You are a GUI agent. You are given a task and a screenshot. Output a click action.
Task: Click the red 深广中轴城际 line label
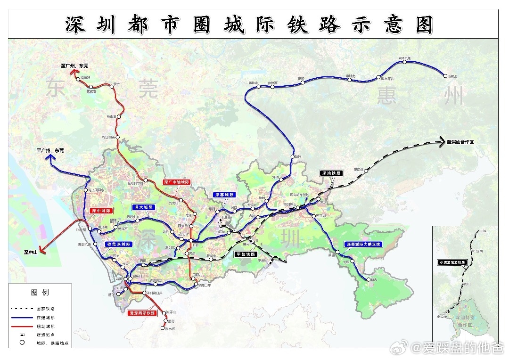pos(176,181)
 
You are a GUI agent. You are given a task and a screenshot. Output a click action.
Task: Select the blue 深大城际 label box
pos(143,207)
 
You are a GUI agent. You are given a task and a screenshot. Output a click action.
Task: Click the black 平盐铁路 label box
pos(246,254)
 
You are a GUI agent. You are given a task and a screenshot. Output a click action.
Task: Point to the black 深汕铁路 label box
pos(332,173)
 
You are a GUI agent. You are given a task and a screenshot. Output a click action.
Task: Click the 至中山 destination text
pos(31,252)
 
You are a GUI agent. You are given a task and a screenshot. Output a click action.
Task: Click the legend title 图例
pos(40,293)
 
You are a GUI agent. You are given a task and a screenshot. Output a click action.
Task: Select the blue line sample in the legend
pos(22,317)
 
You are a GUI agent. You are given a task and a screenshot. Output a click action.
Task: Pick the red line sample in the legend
pos(22,326)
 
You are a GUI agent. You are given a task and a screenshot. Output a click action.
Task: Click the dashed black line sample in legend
pos(22,308)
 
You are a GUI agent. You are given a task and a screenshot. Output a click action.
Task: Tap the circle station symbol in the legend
pos(22,343)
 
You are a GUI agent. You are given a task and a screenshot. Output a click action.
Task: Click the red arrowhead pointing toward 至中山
pos(42,251)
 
